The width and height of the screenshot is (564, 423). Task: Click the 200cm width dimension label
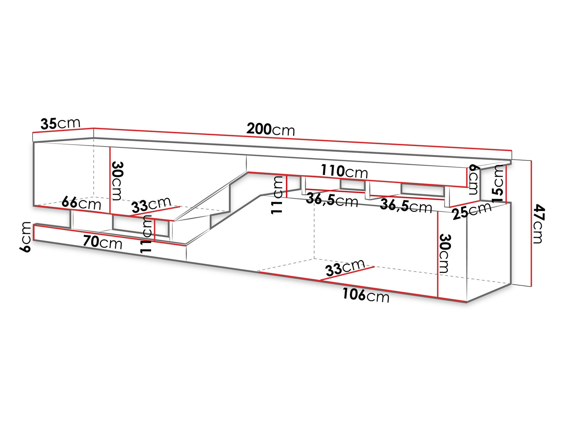(x=270, y=129)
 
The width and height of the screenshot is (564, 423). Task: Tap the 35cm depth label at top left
(x=60, y=124)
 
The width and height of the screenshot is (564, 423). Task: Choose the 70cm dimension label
(x=102, y=242)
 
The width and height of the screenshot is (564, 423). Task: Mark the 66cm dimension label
(x=81, y=203)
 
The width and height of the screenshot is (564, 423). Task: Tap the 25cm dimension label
(x=472, y=211)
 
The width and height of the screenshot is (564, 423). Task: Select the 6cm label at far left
(x=25, y=237)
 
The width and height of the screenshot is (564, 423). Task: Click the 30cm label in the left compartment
(x=116, y=180)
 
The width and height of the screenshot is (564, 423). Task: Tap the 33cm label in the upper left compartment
(x=151, y=204)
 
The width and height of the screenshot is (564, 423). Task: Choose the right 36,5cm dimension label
(x=406, y=206)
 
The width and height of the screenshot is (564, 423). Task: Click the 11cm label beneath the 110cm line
(x=277, y=195)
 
